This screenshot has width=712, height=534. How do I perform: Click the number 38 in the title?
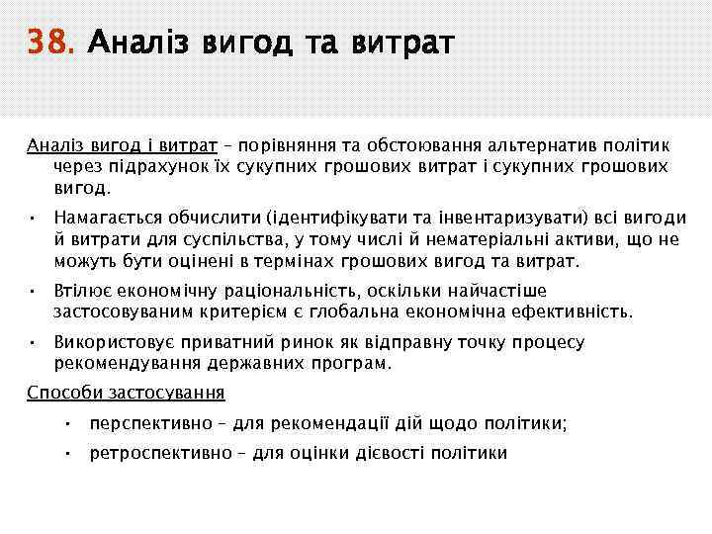point(49,44)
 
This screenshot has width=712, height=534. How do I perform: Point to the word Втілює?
point(80,293)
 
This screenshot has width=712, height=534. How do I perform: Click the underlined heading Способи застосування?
point(126,393)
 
